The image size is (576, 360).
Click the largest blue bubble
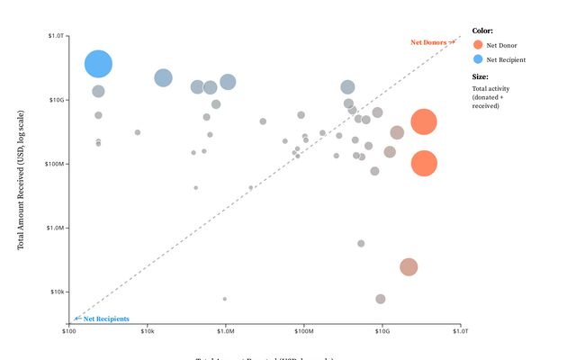pyautogui.click(x=98, y=64)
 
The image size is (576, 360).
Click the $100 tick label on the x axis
pyautogui.click(x=69, y=332)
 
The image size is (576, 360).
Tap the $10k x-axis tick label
pyautogui.click(x=148, y=332)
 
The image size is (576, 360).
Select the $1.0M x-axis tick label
pyautogui.click(x=226, y=332)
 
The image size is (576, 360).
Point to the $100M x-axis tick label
pyautogui.click(x=304, y=332)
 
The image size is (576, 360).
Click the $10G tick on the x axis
pyautogui.click(x=382, y=332)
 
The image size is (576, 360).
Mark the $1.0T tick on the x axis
pyautogui.click(x=461, y=332)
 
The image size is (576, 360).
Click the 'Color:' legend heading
pyautogui.click(x=482, y=30)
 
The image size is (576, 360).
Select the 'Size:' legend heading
pyautogui.click(x=481, y=76)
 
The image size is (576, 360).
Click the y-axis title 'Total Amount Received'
pyautogui.click(x=20, y=180)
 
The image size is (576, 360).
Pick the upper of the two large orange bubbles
pyautogui.click(x=424, y=122)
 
